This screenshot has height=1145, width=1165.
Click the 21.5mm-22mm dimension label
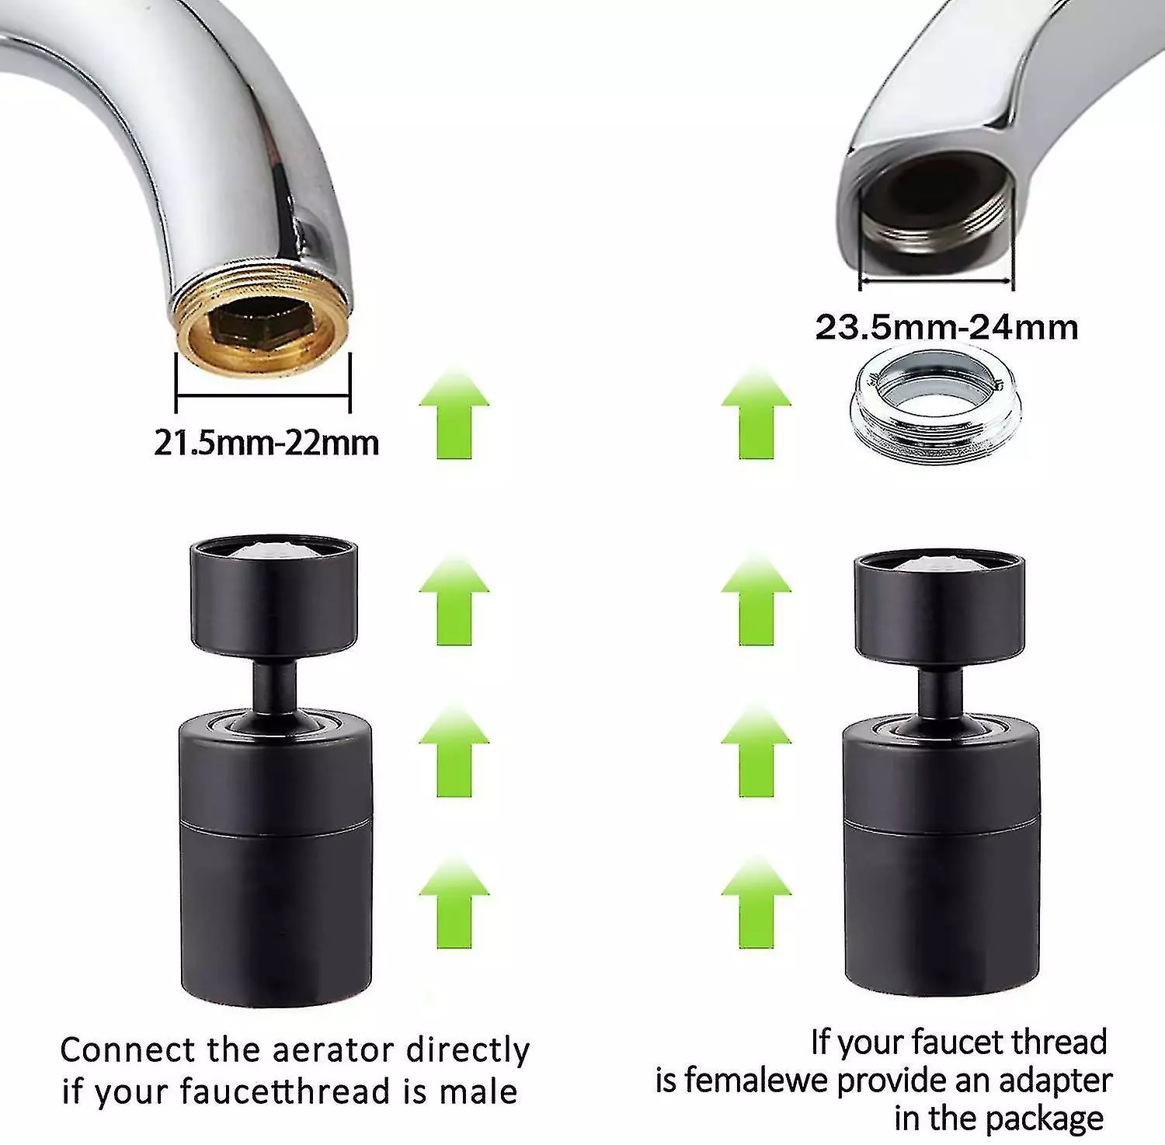266,443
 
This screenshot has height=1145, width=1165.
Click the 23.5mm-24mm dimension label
947,327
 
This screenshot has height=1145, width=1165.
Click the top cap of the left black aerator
274,594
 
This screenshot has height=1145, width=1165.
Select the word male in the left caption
478,1091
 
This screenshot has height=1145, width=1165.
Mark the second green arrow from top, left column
454,600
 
